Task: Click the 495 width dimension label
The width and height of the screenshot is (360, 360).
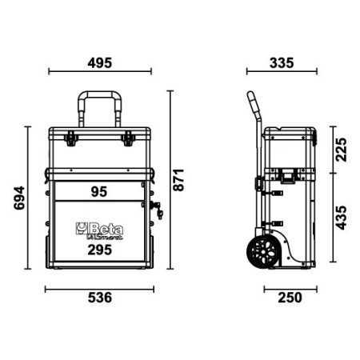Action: (x=100, y=63)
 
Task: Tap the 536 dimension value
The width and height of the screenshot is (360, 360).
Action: (x=100, y=298)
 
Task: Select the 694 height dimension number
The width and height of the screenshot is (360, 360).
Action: (x=19, y=198)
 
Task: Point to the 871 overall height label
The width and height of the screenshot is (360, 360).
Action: (x=178, y=180)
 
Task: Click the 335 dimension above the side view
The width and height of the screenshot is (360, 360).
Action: (x=282, y=63)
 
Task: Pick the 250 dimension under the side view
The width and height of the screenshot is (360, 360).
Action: (x=290, y=298)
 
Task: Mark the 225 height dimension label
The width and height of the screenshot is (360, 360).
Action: (x=341, y=150)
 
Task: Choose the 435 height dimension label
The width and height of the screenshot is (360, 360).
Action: (x=341, y=218)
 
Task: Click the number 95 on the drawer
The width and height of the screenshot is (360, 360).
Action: (x=99, y=192)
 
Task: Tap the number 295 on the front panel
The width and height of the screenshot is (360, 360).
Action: (x=100, y=250)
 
